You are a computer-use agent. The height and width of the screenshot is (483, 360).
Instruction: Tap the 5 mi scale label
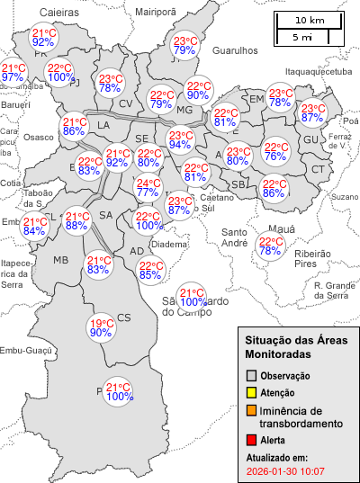click(303, 37)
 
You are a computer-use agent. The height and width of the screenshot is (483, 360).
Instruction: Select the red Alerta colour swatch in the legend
click(252, 440)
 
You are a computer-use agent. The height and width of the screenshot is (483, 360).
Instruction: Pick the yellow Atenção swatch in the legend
click(252, 392)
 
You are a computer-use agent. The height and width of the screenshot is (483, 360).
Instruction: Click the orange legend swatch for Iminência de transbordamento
click(252, 410)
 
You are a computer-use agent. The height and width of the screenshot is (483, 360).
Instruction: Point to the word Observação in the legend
click(285, 375)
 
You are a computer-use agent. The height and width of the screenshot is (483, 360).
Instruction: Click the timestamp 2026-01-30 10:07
click(285, 470)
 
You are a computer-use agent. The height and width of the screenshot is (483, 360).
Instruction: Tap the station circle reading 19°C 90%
click(101, 328)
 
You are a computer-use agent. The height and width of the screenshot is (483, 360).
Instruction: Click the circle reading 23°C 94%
click(180, 139)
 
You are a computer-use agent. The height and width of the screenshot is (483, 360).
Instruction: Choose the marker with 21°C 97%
click(13, 73)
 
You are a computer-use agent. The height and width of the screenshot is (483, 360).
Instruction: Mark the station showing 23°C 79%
click(184, 46)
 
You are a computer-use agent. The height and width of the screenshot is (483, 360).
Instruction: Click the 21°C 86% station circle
click(74, 127)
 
